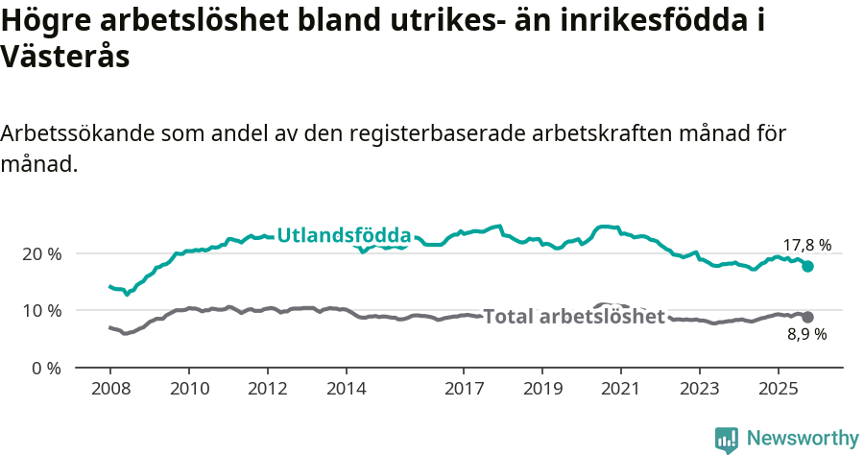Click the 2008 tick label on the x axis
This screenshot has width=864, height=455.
tap(109, 391)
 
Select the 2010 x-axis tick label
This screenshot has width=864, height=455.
tap(188, 391)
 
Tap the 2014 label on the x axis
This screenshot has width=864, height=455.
tap(346, 391)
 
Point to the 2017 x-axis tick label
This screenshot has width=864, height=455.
tap(464, 391)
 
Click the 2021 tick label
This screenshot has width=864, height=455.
tap(620, 391)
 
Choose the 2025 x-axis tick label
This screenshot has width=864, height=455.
tap(778, 391)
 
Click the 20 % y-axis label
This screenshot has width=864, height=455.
tap(41, 254)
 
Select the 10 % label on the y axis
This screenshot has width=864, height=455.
tap(41, 311)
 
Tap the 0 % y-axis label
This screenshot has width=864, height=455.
tap(45, 368)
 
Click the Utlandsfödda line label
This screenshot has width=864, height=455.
tap(344, 235)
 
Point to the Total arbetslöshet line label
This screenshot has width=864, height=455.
tap(574, 317)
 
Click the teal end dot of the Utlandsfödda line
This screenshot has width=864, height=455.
tap(808, 266)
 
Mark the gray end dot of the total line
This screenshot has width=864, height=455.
tap(808, 317)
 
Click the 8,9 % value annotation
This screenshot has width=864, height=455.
tap(807, 335)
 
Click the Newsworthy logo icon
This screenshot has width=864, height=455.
tap(727, 440)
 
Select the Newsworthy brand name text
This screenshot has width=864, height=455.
tap(803, 439)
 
